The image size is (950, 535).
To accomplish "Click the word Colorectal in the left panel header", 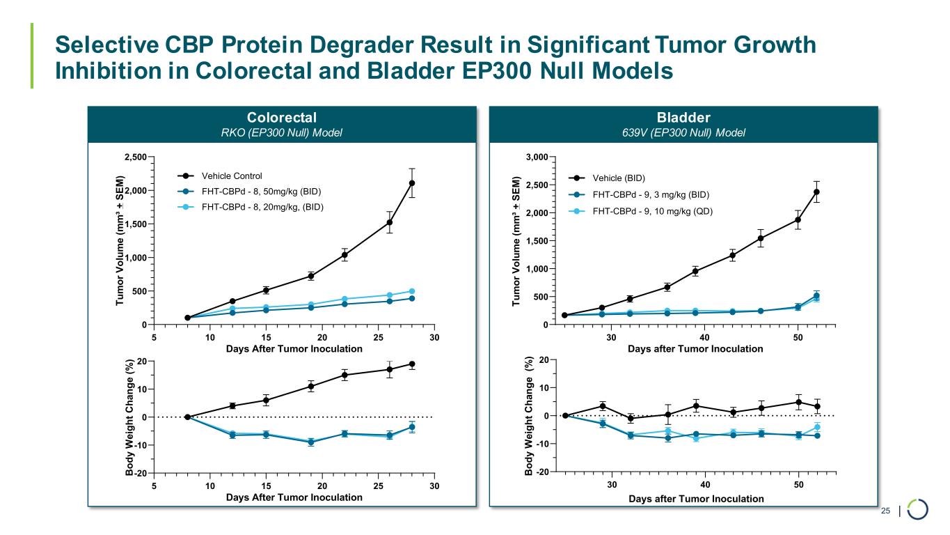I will pyautogui.click(x=283, y=117).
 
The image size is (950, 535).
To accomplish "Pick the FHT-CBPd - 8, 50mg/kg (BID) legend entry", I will pyautogui.click(x=261, y=191).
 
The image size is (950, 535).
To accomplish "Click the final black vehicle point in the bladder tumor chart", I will pyautogui.click(x=816, y=192).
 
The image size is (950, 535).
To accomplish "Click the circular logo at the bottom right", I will pyautogui.click(x=918, y=509).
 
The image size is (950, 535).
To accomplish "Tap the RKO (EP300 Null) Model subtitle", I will pyautogui.click(x=283, y=133).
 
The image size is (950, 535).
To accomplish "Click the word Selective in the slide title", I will pyautogui.click(x=106, y=45).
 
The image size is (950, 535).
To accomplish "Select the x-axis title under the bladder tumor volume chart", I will pyautogui.click(x=695, y=349).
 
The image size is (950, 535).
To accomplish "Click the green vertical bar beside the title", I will pyautogui.click(x=31, y=56).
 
